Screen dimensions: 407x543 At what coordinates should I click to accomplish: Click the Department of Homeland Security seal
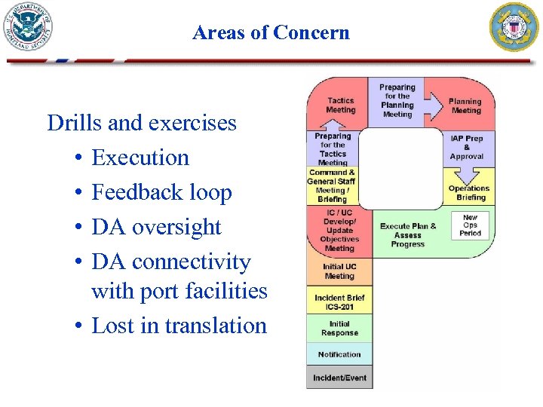point(29,27)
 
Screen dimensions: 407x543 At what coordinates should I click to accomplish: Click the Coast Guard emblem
point(515,27)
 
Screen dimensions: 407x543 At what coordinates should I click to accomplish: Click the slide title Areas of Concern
point(271,32)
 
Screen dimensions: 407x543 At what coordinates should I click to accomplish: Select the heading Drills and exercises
point(142,122)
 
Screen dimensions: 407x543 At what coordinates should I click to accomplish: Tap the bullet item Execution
point(140,158)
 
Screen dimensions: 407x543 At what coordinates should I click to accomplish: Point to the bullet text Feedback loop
point(161,192)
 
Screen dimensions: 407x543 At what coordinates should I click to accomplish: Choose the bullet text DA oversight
point(156,227)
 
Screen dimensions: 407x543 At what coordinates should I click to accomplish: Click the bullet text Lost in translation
point(179,326)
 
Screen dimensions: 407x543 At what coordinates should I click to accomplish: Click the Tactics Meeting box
point(340,106)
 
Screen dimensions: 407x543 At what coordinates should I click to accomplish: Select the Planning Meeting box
point(465,106)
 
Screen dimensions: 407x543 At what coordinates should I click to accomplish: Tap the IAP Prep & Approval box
point(467,148)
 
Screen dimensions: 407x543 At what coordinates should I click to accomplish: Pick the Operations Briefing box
point(468,193)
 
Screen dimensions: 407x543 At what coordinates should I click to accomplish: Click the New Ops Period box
point(470,225)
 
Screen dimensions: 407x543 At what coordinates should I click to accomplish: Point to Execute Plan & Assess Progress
point(408,235)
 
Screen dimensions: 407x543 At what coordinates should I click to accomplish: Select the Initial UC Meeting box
point(339,271)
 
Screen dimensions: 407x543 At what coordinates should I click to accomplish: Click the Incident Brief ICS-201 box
point(339,302)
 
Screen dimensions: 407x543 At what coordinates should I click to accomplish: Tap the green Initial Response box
point(339,329)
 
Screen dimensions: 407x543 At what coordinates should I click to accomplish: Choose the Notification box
point(339,354)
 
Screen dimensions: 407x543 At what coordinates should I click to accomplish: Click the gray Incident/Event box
point(339,377)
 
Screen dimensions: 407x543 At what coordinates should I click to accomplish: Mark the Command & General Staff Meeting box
point(332,185)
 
